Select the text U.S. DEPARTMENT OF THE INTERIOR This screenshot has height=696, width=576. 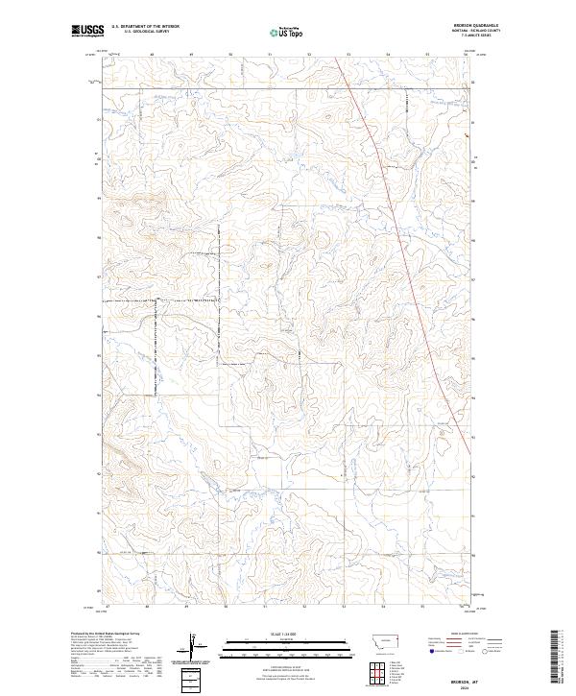point(145,27)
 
